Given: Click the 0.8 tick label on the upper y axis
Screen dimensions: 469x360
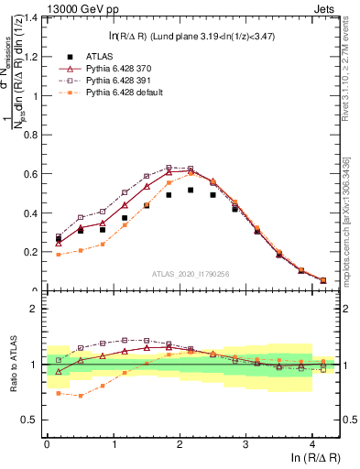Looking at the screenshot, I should [x=32, y=135].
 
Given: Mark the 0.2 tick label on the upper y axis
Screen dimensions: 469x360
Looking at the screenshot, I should [x=32, y=251].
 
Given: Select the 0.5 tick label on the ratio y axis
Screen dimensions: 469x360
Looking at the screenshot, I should [x=32, y=420].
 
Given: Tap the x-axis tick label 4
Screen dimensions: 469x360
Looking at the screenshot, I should [x=312, y=442].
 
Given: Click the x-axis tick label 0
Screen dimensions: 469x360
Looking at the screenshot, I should [x=47, y=442].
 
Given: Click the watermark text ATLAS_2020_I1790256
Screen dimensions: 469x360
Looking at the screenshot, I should [x=191, y=273].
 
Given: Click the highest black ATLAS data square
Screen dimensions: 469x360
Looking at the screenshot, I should [x=191, y=191].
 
